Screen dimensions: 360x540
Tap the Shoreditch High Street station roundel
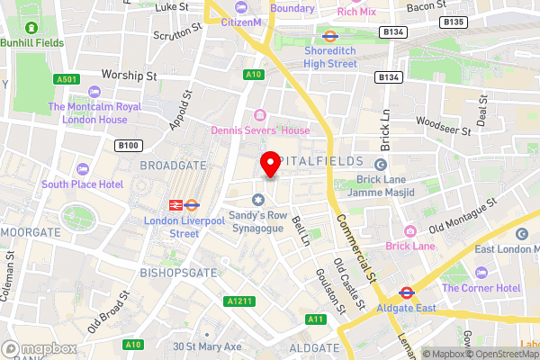pos(329,37)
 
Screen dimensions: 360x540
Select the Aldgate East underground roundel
pos(406,292)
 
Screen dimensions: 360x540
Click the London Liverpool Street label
pos(172,227)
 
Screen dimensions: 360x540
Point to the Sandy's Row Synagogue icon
pos(259,199)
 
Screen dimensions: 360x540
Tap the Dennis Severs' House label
pos(260,130)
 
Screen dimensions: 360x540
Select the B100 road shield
pos(129,145)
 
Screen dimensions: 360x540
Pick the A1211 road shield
pos(236,301)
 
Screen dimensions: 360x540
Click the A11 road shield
pos(315,319)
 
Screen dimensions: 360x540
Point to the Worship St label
pos(130,75)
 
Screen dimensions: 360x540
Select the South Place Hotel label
pos(82,184)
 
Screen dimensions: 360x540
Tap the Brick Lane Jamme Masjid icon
pos(380,164)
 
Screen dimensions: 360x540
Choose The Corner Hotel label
pos(481,288)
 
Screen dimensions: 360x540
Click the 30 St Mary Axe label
pos(209,346)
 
